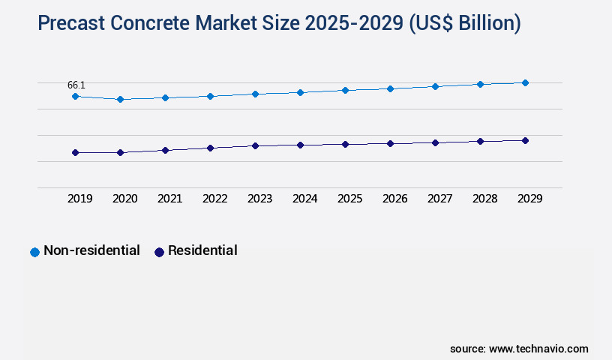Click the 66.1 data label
click(x=76, y=85)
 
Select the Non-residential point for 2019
click(x=75, y=96)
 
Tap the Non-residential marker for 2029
click(x=525, y=82)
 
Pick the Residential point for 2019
click(x=75, y=152)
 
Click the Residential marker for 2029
click(x=525, y=140)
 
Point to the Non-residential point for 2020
click(x=120, y=99)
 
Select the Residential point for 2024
click(x=300, y=145)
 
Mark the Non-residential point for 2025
click(x=345, y=90)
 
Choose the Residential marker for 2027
click(x=435, y=142)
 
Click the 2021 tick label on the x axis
click(x=169, y=199)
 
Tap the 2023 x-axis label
click(x=259, y=199)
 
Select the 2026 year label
click(x=394, y=199)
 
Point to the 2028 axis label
click(x=484, y=199)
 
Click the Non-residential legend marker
click(x=34, y=252)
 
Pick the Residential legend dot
click(x=159, y=252)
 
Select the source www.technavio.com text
click(x=519, y=349)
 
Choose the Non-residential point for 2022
click(x=210, y=96)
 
